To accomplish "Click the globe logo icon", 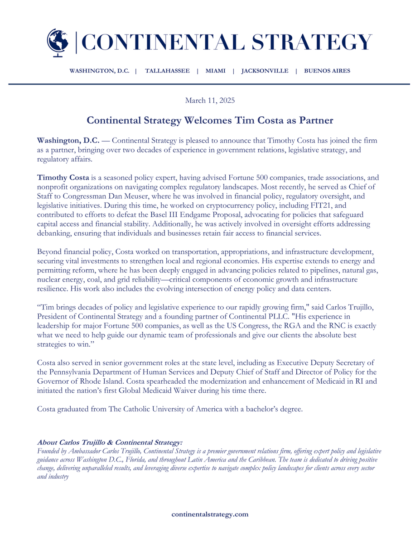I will tap(58, 43).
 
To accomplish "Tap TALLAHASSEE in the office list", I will tap(167, 71).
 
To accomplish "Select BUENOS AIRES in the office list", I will tap(327, 71).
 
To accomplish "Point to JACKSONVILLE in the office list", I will tap(265, 71).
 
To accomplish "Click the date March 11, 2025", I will tap(210, 100).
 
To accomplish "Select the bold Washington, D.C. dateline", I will tap(68, 141).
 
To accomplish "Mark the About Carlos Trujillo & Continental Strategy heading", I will tap(110, 442).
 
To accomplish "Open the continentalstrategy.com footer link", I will tap(210, 514).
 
